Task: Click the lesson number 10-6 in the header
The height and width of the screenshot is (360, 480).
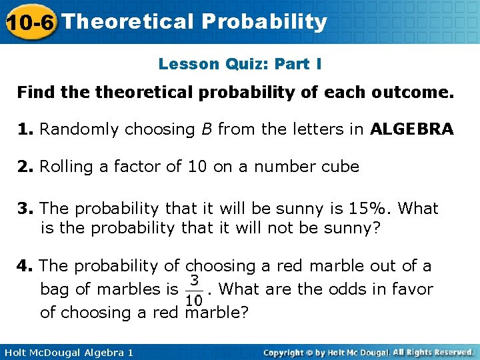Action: click(29, 22)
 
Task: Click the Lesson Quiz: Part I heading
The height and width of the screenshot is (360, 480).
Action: click(240, 64)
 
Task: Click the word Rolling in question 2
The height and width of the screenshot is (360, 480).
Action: click(67, 167)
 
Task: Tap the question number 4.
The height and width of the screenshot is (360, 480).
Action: click(25, 266)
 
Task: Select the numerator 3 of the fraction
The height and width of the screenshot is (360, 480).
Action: click(193, 279)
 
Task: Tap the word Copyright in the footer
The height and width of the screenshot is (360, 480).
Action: click(287, 352)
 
